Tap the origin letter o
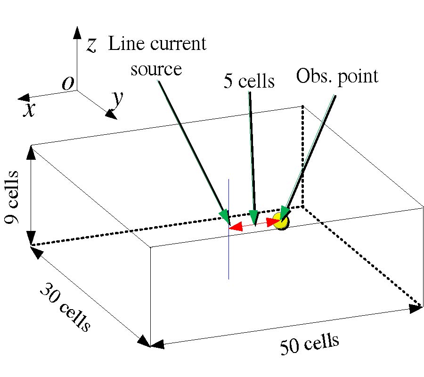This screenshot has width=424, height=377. point(68,83)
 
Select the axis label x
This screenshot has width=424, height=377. point(30,109)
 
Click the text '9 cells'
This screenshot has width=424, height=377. point(12,198)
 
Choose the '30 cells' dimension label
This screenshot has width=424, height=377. point(64,308)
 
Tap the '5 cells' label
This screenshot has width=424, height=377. point(249,81)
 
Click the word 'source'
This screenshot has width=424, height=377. point(156,69)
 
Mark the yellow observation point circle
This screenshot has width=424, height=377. point(281,221)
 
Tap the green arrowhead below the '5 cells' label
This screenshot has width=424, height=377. point(254,217)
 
